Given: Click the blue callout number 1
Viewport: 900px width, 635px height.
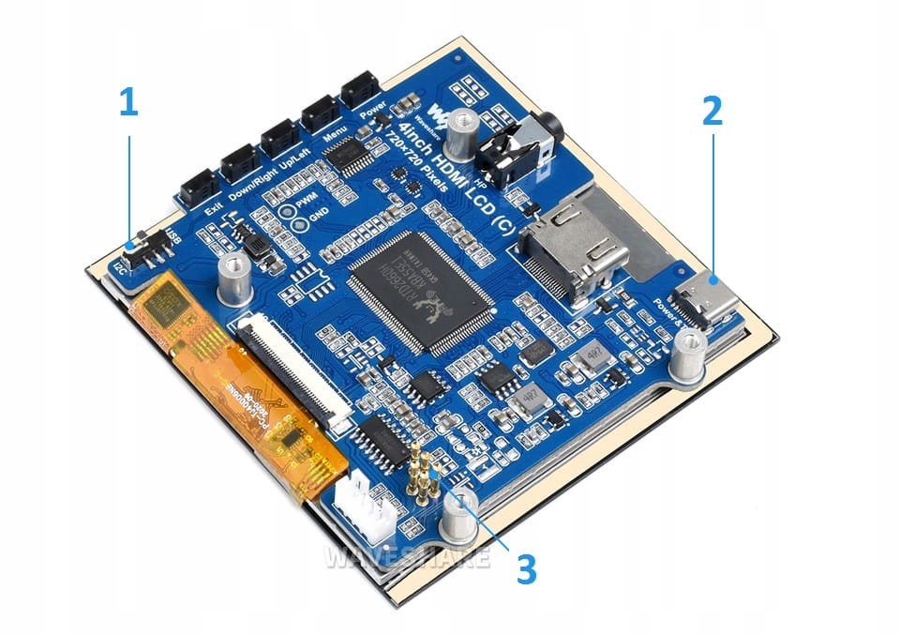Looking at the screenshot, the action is point(128,102).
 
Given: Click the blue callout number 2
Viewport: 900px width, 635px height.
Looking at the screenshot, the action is point(712,111).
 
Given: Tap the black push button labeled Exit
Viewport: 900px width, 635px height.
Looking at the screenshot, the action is point(198,184).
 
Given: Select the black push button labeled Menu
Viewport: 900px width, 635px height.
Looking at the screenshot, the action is point(319,113).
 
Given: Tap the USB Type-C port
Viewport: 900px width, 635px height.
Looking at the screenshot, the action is point(710,301).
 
